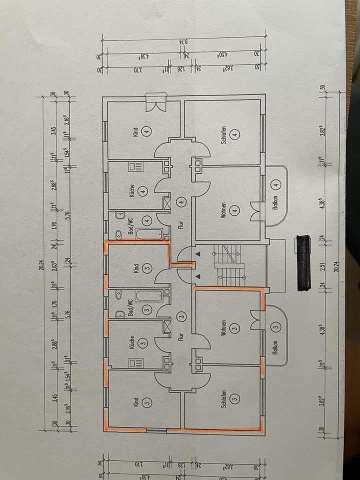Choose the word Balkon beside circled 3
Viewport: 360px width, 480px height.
point(275,347)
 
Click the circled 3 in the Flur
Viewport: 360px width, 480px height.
point(182,316)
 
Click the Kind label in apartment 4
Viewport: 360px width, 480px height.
point(135,132)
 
